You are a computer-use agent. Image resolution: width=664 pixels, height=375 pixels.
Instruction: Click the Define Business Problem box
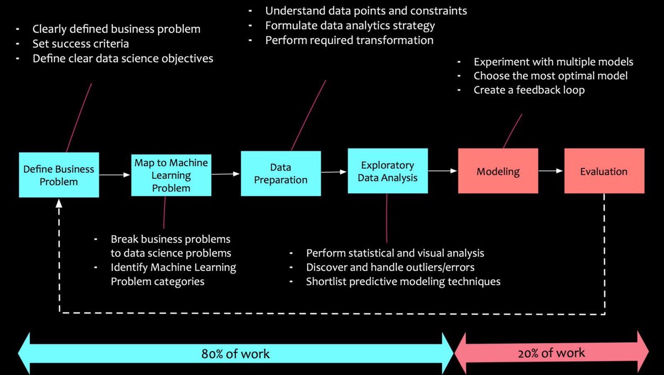pos(59,174)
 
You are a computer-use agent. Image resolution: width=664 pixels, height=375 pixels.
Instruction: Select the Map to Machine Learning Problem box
pos(171,174)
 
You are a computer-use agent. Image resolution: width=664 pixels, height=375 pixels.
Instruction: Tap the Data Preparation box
pos(281,173)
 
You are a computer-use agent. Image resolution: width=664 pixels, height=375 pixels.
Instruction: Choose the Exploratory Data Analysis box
pos(387,171)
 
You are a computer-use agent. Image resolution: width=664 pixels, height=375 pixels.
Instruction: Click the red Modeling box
pos(498,171)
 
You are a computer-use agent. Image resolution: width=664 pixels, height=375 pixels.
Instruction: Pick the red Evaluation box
pos(604,171)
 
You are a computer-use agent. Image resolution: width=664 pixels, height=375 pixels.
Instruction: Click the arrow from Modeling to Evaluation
pos(551,171)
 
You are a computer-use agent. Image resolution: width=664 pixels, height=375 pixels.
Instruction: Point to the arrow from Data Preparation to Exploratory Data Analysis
pos(334,172)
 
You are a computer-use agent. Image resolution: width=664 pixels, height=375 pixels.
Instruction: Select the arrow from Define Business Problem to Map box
pos(115,175)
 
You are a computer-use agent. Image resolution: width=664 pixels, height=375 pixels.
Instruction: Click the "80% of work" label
pos(235,353)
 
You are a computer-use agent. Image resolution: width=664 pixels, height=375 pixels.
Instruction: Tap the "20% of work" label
pos(552,353)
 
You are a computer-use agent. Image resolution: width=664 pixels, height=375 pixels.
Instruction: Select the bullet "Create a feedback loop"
pos(528,90)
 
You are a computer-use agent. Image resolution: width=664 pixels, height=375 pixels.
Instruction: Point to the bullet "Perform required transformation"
pos(349,40)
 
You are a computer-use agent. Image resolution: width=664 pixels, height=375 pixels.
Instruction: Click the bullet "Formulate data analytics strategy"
pos(350,25)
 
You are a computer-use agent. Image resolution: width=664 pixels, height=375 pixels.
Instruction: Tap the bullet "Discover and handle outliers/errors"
pos(390,267)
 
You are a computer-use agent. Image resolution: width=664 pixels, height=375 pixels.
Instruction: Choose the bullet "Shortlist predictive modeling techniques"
pos(403,281)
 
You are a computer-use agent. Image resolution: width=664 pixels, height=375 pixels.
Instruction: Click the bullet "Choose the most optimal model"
pos(550,76)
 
